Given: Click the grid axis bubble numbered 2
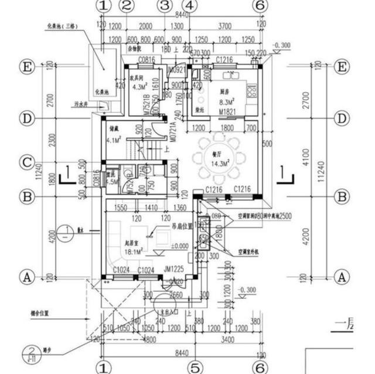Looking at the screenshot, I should click(x=125, y=6).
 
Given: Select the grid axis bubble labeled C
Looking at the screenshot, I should click(x=26, y=162).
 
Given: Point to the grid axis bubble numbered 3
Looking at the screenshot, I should click(x=165, y=6).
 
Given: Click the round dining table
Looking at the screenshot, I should click(x=219, y=155).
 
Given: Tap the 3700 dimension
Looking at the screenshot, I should click(x=224, y=26).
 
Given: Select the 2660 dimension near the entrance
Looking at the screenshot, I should click(x=175, y=295).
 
